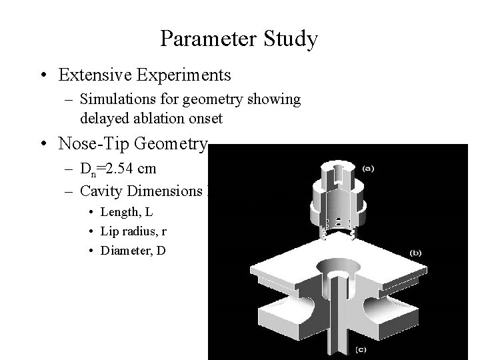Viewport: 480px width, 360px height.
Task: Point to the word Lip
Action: point(107,231)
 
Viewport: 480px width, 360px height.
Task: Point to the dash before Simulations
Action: point(70,100)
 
